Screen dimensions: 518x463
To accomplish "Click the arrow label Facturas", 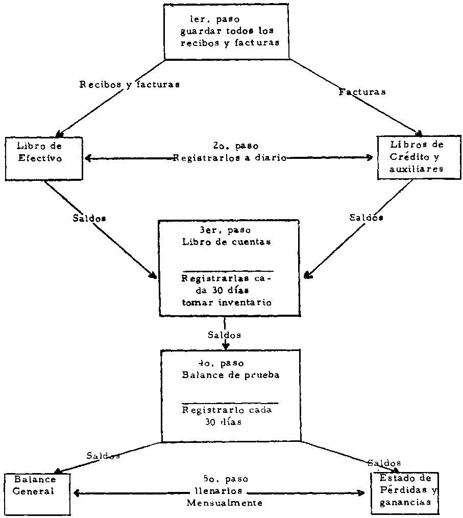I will point(362,92).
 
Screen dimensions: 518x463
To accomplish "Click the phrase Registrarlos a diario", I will point(229,158).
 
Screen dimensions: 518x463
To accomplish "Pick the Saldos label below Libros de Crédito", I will point(367,217).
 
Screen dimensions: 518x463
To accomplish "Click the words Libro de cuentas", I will point(226,242).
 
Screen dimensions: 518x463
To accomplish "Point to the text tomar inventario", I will point(227,302).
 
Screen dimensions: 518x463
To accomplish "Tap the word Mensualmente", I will point(225,503).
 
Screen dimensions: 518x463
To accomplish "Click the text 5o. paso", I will point(225,480).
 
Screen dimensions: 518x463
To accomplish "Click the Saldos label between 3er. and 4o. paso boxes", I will point(225,335).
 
